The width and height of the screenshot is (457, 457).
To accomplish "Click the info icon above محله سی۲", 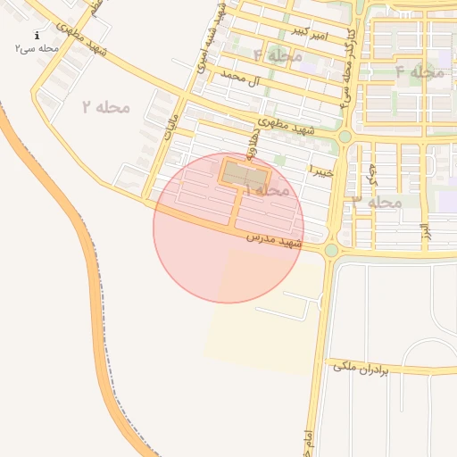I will (36, 35).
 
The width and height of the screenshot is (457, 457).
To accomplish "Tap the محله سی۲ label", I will (36, 47).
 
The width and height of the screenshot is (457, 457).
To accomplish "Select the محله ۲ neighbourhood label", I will (106, 107).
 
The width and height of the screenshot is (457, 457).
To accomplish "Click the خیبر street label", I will (321, 169).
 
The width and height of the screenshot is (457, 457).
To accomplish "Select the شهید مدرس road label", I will (275, 240).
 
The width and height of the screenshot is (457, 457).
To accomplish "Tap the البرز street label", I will (427, 227).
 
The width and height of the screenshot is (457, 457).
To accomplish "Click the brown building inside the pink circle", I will (238, 173).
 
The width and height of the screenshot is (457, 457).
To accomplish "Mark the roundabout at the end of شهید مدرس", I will (331, 251).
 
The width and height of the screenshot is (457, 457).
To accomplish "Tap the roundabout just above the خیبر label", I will (345, 137).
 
